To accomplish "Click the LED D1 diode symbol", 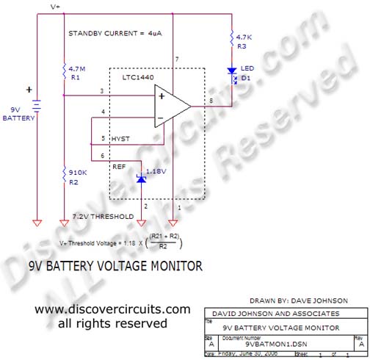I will click(233, 72).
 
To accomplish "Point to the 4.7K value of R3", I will click(245, 35).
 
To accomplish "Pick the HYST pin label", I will click(121, 138).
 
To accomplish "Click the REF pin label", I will click(119, 167).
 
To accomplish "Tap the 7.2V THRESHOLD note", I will click(104, 217).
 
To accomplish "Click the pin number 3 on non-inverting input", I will click(101, 90).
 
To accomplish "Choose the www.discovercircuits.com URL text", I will click(112, 309).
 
